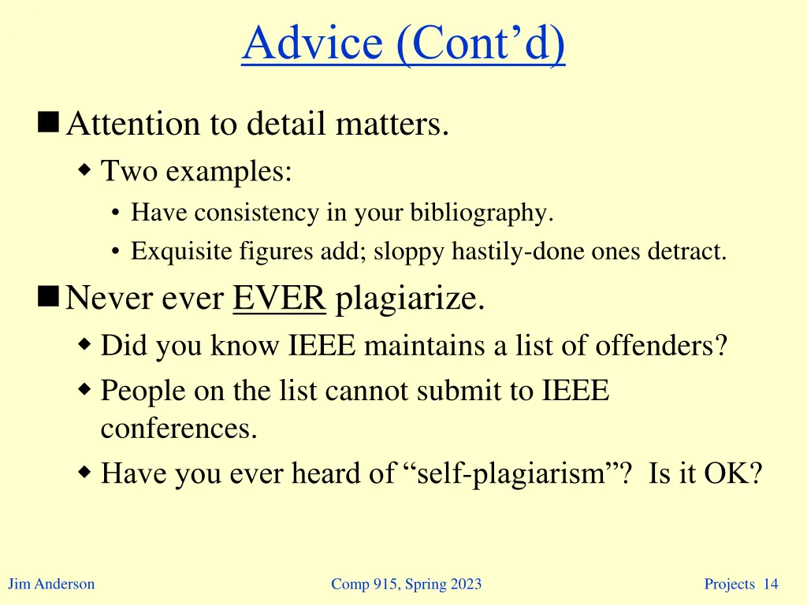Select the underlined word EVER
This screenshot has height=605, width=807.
tap(280, 299)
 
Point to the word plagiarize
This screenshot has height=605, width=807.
tap(410, 300)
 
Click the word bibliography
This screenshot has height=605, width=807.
tap(487, 213)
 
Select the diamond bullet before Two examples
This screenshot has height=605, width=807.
tap(85, 169)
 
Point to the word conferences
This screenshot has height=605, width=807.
tap(179, 429)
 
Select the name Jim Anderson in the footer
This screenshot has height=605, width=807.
tap(51, 584)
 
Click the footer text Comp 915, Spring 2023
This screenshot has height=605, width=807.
tap(406, 584)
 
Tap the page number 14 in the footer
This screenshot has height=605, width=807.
tap(771, 584)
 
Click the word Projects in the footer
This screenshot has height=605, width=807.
tap(729, 584)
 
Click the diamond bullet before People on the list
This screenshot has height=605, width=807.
tap(85, 388)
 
